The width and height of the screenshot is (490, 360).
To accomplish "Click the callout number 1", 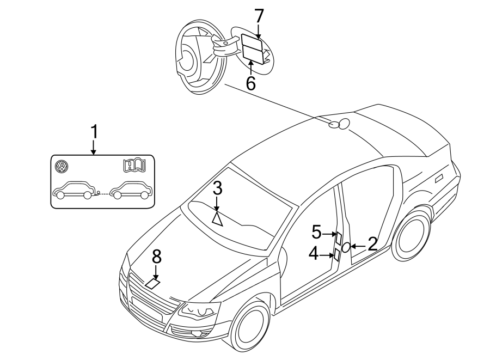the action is coord(94,132).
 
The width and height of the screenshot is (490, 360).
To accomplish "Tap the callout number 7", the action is coord(259,16).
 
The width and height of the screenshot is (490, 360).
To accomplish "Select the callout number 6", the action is coord(250,83).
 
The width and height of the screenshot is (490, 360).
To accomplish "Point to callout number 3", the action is coord(217,189).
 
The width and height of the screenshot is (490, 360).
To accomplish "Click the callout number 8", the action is coord(157,257).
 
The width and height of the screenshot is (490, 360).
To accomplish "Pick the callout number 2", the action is coord(372,244).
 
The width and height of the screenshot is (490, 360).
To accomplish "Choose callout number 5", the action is coord(316,232).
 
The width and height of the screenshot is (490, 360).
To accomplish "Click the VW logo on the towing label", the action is coord(62,166).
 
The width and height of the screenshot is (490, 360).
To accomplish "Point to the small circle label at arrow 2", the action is coord(346,247).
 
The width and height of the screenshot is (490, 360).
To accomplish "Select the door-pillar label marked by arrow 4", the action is coord(336,255).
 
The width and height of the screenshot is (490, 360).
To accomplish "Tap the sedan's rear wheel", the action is coord(412,235).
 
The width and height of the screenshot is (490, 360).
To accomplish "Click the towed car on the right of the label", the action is coord(131,190).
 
